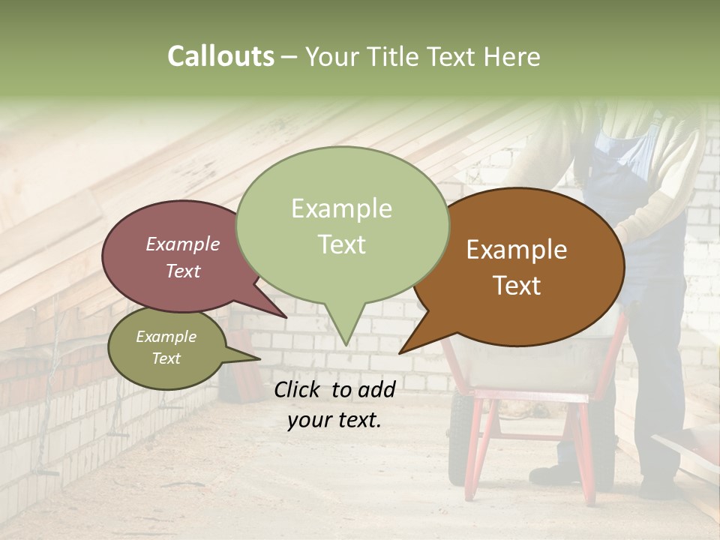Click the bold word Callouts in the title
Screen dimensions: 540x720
pos(220,56)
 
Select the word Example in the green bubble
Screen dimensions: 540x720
pos(341,208)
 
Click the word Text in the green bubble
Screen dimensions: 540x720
pos(341,244)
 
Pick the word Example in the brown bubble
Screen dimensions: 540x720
pos(517,250)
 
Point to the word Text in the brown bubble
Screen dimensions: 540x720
pos(517,286)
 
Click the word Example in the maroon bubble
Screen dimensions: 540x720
pos(182,244)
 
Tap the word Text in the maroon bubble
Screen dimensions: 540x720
pos(182,271)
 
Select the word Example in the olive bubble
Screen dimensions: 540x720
pos(166,337)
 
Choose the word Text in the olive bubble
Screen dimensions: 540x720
pos(166,358)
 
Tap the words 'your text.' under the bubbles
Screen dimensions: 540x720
pos(334,420)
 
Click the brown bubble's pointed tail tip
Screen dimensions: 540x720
pos(400,353)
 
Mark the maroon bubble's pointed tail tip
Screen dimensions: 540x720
pos(286,317)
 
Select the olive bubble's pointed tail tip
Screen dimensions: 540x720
pos(259,358)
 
